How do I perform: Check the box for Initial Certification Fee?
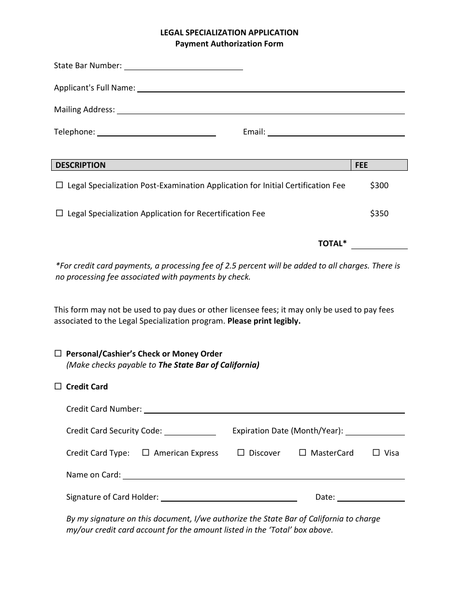pos(59,185)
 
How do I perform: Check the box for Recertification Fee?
pos(59,213)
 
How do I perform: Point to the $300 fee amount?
pos(379,185)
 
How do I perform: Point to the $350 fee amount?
pos(379,213)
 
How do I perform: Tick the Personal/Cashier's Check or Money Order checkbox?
pos(58,354)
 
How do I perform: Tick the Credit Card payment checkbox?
pos(58,386)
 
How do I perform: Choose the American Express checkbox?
pos(146,453)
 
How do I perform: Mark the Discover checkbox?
pos(241,453)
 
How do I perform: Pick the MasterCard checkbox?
pos(302,453)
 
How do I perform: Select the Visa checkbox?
pos(376,453)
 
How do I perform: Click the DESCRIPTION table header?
pos(80,165)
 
